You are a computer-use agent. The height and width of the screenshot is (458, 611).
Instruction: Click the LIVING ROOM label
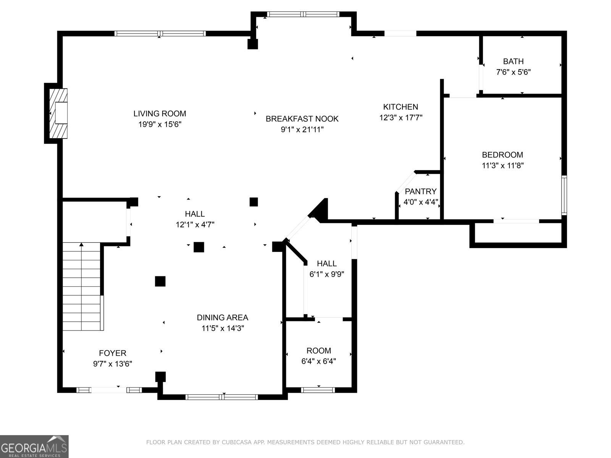[x=160, y=113]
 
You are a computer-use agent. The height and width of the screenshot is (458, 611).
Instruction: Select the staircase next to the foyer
[x=82, y=286]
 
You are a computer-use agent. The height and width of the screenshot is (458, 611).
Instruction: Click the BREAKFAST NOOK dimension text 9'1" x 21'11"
[x=302, y=130]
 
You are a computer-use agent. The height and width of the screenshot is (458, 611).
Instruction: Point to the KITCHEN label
[x=401, y=107]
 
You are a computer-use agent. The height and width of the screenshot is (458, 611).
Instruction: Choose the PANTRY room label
[x=420, y=191]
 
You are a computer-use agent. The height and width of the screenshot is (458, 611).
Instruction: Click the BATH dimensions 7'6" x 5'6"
[x=513, y=72]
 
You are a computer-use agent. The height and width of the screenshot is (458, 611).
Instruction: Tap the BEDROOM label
[x=502, y=155]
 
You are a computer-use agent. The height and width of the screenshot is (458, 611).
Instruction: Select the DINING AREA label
[x=222, y=318]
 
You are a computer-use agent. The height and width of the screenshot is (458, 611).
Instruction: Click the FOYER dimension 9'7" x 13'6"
[x=112, y=364]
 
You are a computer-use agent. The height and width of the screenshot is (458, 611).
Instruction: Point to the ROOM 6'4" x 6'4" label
[x=318, y=350]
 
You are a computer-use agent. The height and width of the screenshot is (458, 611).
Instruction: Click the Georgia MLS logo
[x=34, y=447]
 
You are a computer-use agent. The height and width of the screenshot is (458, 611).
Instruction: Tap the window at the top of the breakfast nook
[x=303, y=15]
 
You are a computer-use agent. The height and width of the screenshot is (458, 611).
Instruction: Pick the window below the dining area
[x=221, y=397]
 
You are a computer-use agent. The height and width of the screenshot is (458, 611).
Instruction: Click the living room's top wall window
[x=160, y=34]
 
